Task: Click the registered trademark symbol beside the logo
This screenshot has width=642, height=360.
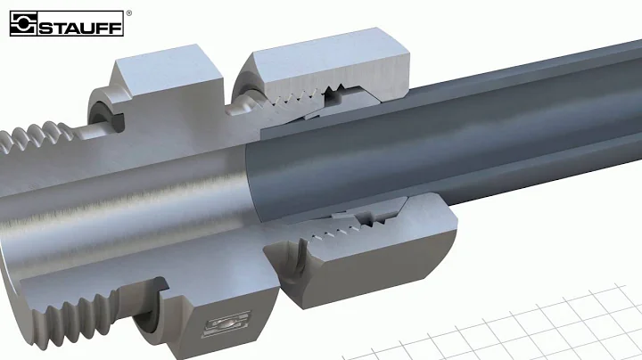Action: (x=129, y=13)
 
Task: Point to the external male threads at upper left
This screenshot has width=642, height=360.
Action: (x=36, y=143)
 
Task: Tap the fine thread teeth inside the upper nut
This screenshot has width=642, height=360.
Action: (x=303, y=100)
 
